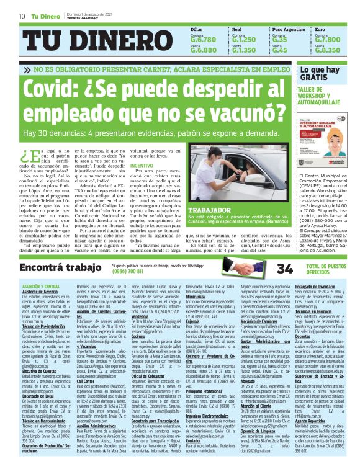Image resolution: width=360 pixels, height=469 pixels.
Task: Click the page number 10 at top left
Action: [x=22, y=16]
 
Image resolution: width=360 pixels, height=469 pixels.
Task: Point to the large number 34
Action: [x=285, y=268]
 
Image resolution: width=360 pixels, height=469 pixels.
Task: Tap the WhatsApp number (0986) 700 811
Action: [x=133, y=271]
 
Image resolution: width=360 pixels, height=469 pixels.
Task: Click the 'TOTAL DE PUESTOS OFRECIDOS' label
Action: [x=328, y=268]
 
